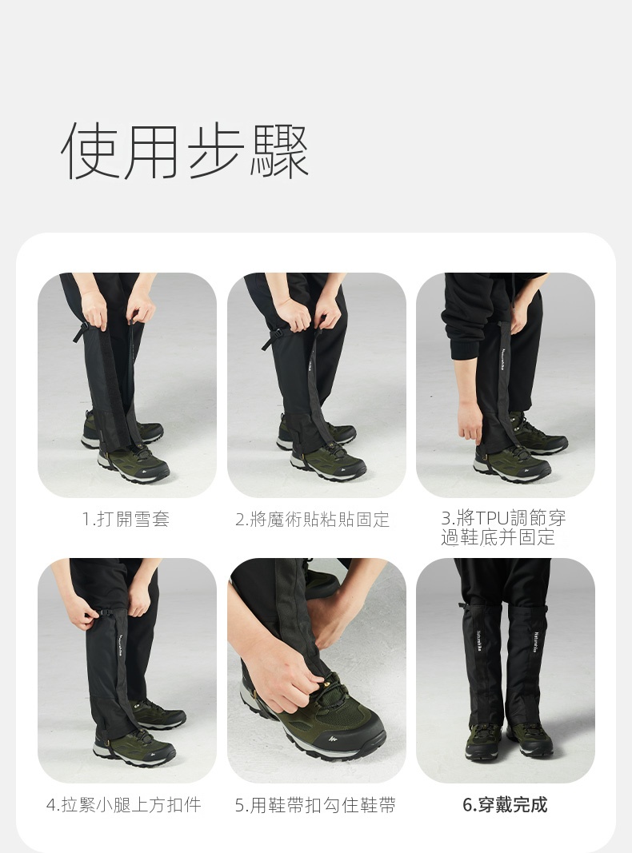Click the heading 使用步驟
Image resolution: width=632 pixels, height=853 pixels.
click(x=185, y=150)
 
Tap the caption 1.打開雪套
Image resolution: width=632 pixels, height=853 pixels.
click(x=126, y=519)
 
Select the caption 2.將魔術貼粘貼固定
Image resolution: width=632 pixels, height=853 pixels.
click(x=313, y=520)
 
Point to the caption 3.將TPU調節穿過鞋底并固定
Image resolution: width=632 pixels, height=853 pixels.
click(x=503, y=527)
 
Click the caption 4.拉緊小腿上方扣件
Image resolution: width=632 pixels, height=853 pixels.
click(x=124, y=804)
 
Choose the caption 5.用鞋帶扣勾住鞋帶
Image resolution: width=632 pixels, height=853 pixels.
click(x=316, y=805)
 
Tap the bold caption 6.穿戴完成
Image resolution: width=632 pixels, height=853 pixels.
click(x=505, y=804)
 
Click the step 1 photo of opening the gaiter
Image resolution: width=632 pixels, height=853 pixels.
click(x=127, y=385)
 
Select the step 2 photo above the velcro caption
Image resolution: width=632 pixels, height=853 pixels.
click(x=316, y=385)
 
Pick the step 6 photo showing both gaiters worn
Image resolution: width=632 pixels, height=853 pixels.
click(x=505, y=670)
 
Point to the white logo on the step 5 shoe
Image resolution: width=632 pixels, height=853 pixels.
click(x=333, y=739)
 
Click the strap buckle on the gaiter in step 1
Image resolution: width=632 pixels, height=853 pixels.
click(x=82, y=331)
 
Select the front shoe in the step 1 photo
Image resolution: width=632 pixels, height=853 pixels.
click(x=134, y=464)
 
